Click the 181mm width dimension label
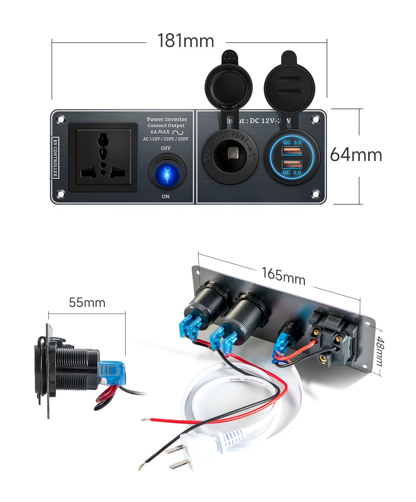186,41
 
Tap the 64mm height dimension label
356,155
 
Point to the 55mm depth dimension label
87,302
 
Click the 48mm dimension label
379,352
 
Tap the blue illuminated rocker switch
167,172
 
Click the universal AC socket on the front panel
103,157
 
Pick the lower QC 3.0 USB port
292,165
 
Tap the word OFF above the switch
166,148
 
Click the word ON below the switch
166,196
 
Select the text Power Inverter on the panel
167,119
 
